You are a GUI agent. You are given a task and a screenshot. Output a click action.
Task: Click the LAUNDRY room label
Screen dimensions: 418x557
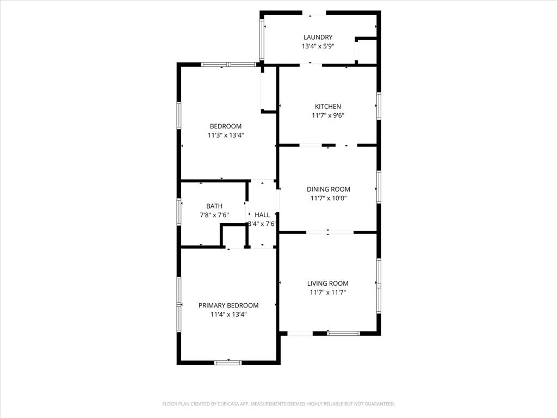318,37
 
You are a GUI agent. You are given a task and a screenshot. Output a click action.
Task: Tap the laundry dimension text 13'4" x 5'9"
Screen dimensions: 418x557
318,46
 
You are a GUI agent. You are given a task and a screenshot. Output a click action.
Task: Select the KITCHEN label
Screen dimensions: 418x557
328,106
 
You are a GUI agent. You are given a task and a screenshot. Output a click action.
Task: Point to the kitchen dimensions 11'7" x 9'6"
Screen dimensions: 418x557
328,115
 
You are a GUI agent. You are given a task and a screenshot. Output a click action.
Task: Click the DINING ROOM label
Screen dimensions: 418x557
328,189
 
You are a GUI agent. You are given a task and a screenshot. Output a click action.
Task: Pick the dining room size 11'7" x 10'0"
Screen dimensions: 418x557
328,199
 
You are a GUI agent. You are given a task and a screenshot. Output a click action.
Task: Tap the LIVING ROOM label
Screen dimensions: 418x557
327,283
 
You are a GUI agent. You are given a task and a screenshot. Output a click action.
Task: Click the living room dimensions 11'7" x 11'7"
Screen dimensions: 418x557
327,292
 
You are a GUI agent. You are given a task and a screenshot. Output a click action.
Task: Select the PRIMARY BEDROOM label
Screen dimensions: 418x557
228,305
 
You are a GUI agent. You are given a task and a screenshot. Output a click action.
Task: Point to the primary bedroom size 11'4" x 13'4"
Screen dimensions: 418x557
228,315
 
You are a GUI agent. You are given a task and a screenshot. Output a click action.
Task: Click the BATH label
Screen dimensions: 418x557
214,206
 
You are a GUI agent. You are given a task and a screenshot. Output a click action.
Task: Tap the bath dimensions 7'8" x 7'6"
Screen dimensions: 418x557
214,215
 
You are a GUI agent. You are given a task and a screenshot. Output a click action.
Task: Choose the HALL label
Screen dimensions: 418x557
262,215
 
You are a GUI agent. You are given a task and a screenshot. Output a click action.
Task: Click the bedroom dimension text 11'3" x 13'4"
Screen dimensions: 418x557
226,136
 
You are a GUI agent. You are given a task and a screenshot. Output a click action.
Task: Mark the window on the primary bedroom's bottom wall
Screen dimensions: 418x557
228,362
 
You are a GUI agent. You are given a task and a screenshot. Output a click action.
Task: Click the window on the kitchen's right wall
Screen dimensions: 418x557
379,106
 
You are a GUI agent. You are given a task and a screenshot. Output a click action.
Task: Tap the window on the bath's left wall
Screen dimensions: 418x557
179,212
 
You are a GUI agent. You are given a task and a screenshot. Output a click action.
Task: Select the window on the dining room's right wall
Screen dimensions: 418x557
379,187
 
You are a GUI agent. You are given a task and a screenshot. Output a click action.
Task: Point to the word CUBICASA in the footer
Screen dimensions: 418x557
222,404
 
